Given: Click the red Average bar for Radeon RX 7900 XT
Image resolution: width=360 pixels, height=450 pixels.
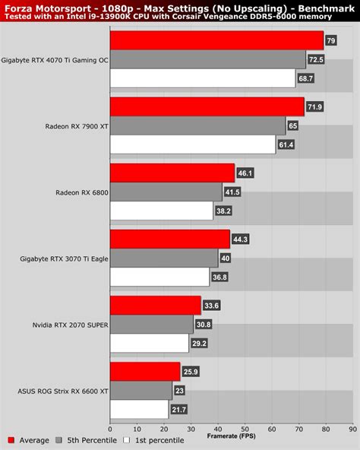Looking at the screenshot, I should [x=207, y=106].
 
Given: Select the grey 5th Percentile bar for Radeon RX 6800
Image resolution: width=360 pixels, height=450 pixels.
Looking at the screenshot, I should [x=166, y=192].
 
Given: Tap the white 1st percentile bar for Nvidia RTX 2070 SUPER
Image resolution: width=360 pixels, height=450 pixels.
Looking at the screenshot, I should [x=149, y=343].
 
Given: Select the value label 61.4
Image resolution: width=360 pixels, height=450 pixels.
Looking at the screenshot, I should [x=286, y=144].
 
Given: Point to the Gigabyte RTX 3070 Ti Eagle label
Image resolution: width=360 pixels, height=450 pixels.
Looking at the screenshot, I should [x=64, y=259].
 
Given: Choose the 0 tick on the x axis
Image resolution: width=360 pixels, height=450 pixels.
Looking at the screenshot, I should [x=111, y=428].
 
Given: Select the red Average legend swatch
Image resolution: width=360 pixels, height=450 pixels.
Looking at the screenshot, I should [x=11, y=439].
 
